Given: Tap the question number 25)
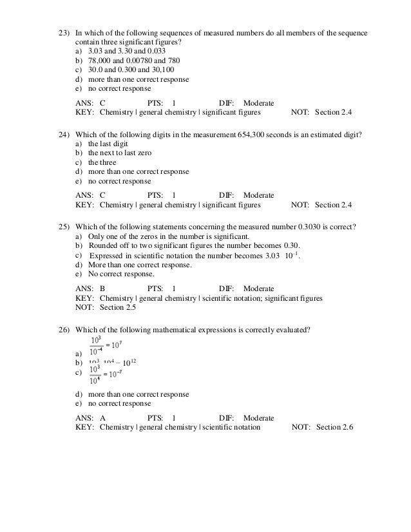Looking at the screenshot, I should click(64, 227).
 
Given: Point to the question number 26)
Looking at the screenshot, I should click(64, 330).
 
